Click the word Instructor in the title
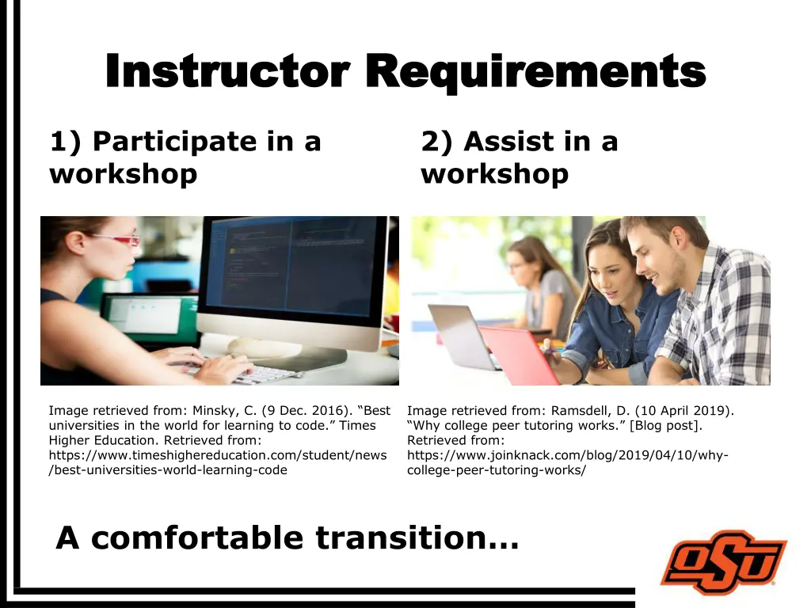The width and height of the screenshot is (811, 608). tap(226, 73)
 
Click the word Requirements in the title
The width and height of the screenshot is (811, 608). tap(539, 73)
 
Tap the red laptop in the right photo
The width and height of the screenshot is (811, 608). tap(519, 356)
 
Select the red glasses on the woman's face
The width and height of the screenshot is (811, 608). tap(119, 239)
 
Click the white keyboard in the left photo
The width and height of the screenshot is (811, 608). tap(246, 372)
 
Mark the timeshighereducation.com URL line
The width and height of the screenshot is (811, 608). tap(218, 455)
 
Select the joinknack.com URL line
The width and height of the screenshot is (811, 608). tap(567, 455)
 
